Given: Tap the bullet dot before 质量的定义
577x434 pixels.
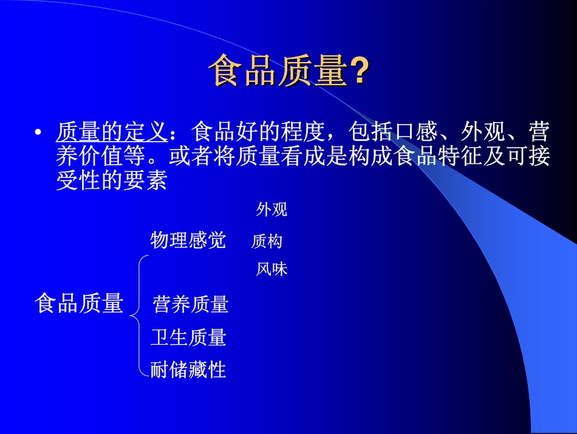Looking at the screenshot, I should [39, 133].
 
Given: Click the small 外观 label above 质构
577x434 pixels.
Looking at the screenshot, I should [271, 210].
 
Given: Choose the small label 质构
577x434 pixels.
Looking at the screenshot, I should [267, 242].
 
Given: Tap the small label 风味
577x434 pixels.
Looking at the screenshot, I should [271, 269].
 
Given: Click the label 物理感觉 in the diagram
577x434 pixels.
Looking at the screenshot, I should [188, 240].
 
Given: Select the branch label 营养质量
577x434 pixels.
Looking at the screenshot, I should [191, 304].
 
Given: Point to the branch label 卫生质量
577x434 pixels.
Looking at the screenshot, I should [188, 337].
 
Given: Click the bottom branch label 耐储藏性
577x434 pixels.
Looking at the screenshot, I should [188, 369].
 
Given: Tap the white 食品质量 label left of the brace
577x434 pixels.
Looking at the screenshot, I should [79, 303].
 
